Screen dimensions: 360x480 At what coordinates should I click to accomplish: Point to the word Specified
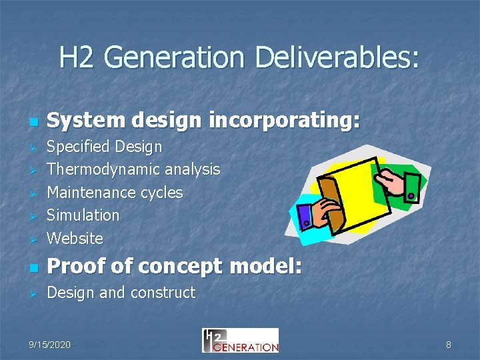[x=78, y=147]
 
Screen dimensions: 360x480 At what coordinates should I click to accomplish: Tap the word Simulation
[x=83, y=215]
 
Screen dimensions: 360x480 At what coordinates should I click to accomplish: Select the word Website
[x=75, y=238]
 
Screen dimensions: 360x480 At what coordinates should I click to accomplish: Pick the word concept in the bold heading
[x=187, y=267]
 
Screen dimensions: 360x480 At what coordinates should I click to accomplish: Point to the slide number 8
[x=448, y=345]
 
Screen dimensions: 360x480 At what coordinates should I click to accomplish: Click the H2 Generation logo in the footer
[x=240, y=341]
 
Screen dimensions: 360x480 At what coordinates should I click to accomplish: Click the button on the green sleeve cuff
[x=411, y=196]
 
